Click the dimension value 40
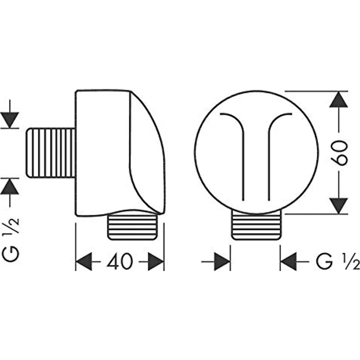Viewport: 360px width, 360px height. pyautogui.click(x=120, y=261)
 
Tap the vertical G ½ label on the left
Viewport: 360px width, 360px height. pyautogui.click(x=11, y=240)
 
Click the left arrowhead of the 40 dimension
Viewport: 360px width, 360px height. pyautogui.click(x=84, y=262)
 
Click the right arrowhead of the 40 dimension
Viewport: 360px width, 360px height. pyautogui.click(x=156, y=262)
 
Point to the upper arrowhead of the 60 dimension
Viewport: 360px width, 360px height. pyautogui.click(x=338, y=99)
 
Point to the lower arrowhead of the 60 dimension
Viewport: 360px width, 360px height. pyautogui.click(x=338, y=206)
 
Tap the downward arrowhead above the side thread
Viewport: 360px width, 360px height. pyautogui.click(x=10, y=120)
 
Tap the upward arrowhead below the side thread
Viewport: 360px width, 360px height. pyautogui.click(x=10, y=186)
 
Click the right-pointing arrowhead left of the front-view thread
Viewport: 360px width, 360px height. pyautogui.click(x=222, y=262)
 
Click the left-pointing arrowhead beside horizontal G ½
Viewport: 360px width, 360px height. pyautogui.click(x=289, y=262)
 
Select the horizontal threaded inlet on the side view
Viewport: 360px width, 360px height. pyautogui.click(x=51, y=153)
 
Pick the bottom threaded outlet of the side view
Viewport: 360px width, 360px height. pyautogui.click(x=133, y=227)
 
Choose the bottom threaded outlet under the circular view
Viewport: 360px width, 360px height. pyautogui.click(x=256, y=225)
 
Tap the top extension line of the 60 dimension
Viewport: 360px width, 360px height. pyautogui.click(x=316, y=91)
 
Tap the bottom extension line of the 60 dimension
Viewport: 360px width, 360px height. pyautogui.click(x=316, y=214)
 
